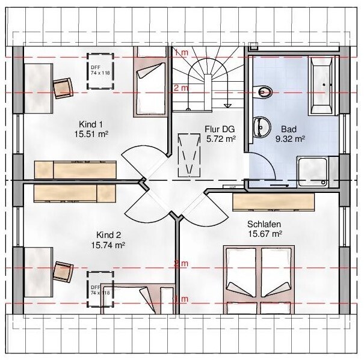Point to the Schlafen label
tap(264, 224)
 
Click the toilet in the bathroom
tap(263, 92)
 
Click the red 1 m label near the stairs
tap(180, 53)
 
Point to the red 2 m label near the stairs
tap(180, 88)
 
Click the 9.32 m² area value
tap(290, 138)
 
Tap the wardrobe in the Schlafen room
tap(274, 202)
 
